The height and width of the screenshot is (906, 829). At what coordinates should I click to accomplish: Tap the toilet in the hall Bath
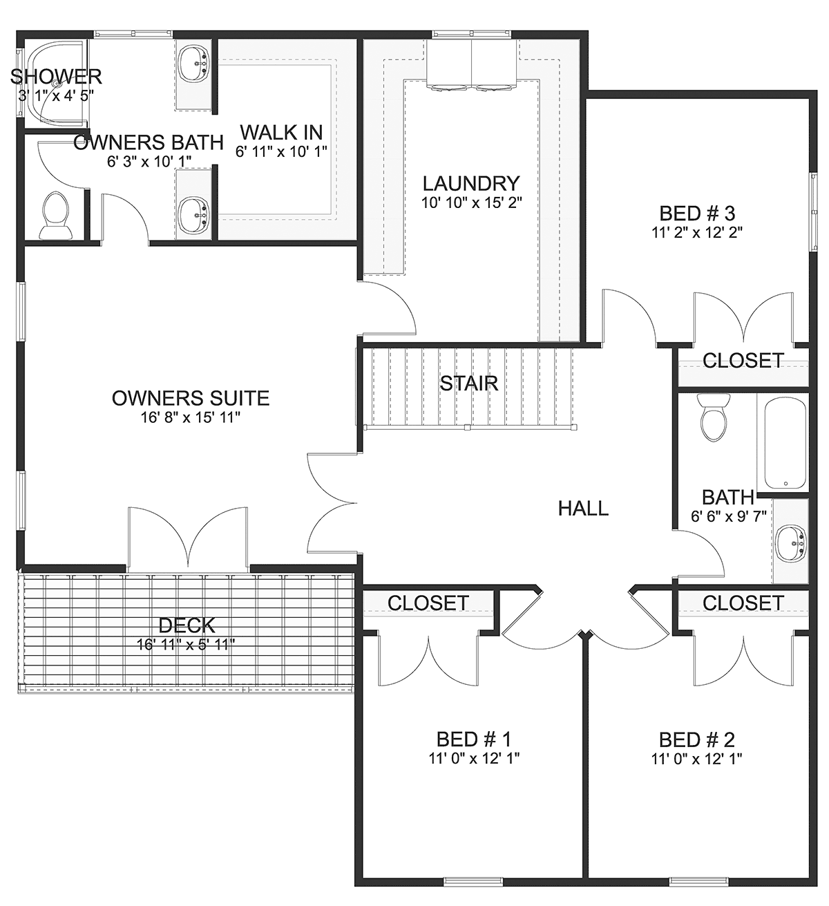click(714, 417)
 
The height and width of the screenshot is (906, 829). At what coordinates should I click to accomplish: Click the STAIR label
click(468, 384)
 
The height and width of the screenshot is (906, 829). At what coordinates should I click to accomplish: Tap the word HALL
click(583, 509)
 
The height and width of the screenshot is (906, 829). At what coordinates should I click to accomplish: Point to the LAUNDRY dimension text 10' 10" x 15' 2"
click(471, 202)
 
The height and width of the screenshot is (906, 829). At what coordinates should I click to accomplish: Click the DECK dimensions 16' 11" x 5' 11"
click(186, 645)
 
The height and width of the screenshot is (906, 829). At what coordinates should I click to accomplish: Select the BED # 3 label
click(697, 213)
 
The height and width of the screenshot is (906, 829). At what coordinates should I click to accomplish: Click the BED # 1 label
click(474, 739)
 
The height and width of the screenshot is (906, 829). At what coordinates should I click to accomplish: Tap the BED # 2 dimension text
click(696, 759)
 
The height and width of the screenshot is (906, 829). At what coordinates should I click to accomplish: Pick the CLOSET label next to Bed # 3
click(743, 361)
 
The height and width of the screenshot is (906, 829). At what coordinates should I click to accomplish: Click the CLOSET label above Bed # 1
click(428, 603)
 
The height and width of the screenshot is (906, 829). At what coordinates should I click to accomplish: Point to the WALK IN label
click(281, 132)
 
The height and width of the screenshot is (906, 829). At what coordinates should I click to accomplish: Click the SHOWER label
click(56, 77)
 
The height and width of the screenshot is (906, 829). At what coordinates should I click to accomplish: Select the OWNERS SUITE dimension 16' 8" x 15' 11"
click(190, 417)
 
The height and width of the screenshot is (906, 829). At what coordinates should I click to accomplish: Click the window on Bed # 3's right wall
click(813, 211)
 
